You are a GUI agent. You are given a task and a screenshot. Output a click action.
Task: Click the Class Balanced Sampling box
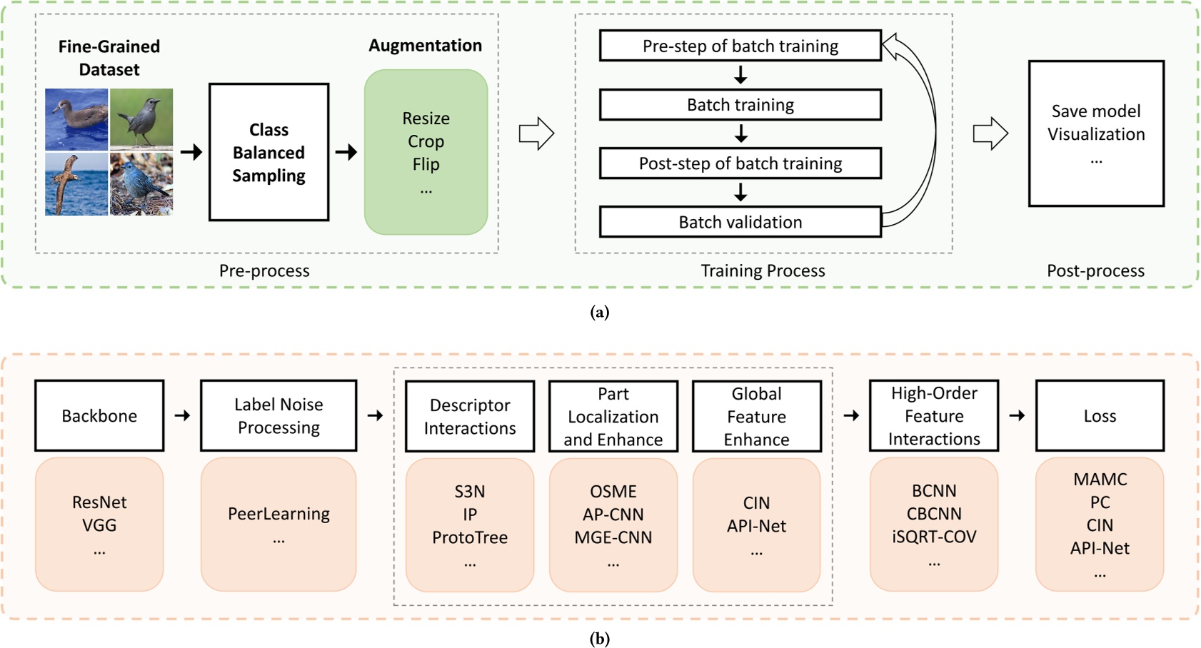click(268, 152)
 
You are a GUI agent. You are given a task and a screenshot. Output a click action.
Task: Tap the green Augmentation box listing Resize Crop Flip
click(426, 152)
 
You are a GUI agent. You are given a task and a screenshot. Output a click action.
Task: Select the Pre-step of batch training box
click(740, 46)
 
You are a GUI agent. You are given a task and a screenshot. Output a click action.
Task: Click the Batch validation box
click(740, 222)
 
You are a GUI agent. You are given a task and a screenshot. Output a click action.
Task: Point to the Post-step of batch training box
click(740, 163)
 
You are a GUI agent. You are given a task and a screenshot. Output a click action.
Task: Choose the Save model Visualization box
click(1095, 133)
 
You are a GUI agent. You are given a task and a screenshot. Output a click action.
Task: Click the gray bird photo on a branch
click(141, 118)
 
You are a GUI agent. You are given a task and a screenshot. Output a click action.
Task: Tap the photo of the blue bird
click(141, 184)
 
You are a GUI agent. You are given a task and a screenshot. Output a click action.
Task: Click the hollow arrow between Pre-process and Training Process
click(536, 133)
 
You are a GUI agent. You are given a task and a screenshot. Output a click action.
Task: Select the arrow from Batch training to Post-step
click(740, 133)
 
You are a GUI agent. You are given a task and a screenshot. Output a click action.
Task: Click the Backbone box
click(99, 415)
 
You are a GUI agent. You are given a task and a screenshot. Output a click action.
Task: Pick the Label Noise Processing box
click(278, 415)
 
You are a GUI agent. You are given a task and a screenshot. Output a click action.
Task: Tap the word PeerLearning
click(278, 514)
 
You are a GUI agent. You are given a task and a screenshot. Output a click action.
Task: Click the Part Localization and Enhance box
click(613, 416)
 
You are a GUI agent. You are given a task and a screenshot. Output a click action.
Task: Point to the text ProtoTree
click(469, 537)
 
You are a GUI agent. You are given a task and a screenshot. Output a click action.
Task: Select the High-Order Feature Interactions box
click(933, 415)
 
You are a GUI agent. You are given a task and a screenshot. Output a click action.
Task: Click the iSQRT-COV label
click(933, 537)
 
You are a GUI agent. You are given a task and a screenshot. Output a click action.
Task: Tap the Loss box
click(1099, 415)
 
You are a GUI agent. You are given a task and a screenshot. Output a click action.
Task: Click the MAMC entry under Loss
click(1099, 479)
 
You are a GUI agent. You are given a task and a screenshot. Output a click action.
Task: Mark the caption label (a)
click(600, 312)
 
